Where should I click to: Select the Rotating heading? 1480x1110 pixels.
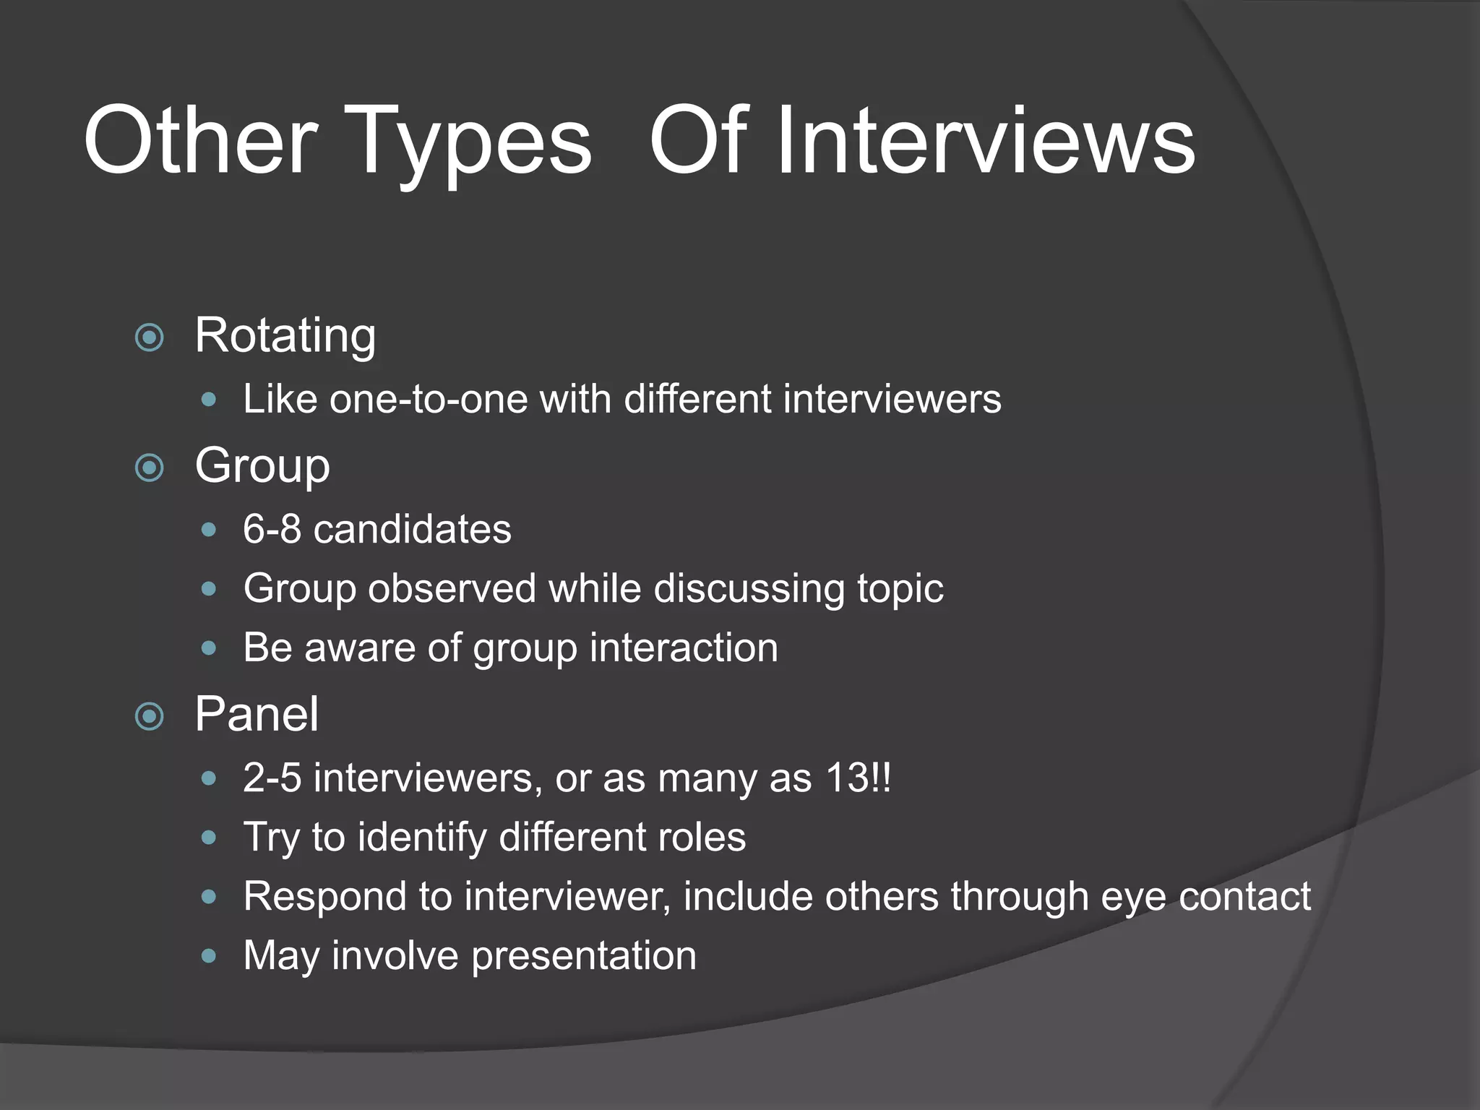(x=285, y=336)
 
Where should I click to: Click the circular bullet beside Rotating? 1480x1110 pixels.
(x=150, y=337)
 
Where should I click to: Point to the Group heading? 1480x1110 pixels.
(x=262, y=466)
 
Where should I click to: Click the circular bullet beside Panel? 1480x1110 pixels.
(x=150, y=716)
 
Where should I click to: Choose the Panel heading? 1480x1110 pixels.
(x=257, y=714)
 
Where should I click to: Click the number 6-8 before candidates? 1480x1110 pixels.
(x=272, y=529)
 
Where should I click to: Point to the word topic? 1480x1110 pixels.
(x=900, y=590)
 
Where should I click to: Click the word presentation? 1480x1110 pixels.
(x=584, y=957)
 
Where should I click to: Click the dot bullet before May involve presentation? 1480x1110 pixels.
(x=209, y=957)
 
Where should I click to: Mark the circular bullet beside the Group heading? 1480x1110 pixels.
(x=150, y=468)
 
